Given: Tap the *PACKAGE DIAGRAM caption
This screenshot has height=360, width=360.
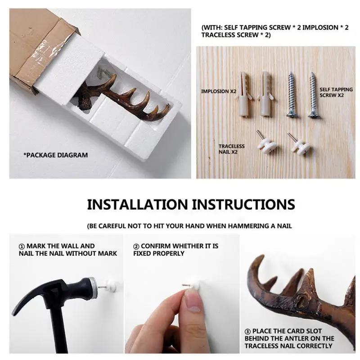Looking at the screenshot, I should [56, 155].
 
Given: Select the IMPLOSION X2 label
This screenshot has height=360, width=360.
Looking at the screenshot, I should [218, 91].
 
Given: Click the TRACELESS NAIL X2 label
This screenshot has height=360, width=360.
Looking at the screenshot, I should [231, 149].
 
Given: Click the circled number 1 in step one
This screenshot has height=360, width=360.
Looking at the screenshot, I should [21, 246].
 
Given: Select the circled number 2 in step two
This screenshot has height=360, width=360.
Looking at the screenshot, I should [136, 246].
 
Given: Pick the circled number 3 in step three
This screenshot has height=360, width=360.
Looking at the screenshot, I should [248, 331].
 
